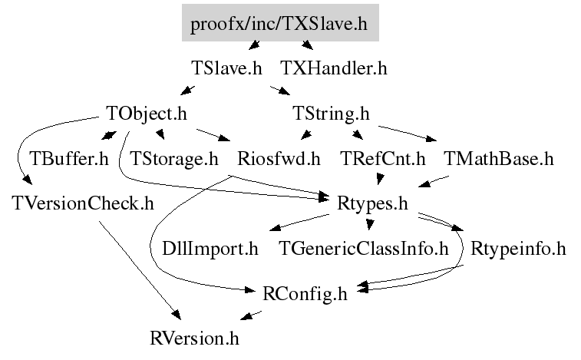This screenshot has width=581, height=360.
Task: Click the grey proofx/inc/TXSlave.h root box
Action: click(280, 24)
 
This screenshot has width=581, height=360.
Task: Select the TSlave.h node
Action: click(226, 68)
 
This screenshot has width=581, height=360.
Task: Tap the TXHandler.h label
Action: click(333, 68)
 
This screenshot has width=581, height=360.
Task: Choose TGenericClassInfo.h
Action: click(363, 249)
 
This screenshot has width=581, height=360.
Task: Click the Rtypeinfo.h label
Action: click(518, 249)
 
